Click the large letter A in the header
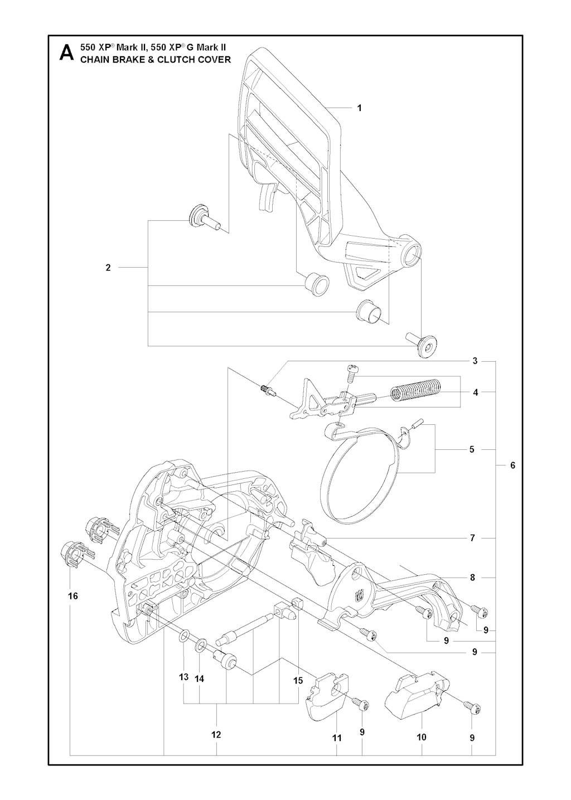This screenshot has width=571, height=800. (x=67, y=53)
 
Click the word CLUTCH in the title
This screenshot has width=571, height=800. (x=166, y=59)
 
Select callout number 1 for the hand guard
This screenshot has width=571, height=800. (x=360, y=108)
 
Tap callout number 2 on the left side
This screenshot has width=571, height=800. (x=108, y=268)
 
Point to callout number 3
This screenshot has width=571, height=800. (x=475, y=361)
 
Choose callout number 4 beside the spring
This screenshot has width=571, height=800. (x=475, y=392)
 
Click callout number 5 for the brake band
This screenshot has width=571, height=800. (x=472, y=449)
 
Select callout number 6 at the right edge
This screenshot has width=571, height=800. (x=513, y=466)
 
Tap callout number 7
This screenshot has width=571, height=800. (x=472, y=548)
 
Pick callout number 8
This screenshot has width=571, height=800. (x=472, y=578)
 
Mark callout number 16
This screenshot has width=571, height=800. (x=73, y=596)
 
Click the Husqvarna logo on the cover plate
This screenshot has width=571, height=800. (x=359, y=595)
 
